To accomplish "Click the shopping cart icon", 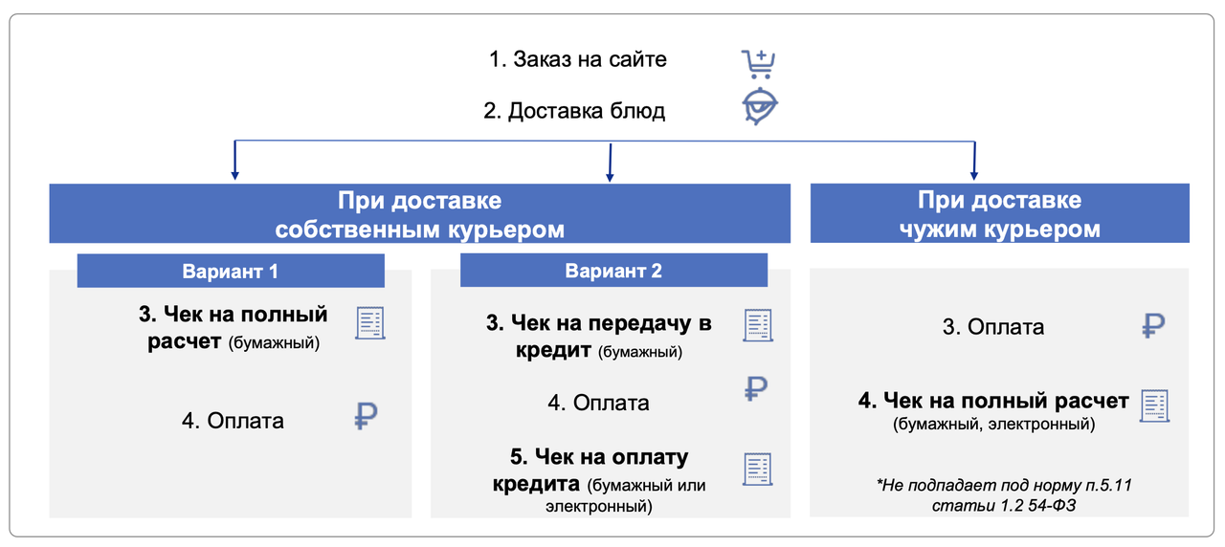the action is [759, 63].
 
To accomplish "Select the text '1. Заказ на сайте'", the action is [577, 59].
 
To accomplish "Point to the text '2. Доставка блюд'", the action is [574, 111].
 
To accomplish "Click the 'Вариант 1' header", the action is [230, 271].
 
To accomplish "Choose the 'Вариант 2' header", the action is [613, 271].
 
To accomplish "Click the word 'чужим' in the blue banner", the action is [945, 230].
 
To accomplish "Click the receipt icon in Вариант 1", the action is [370, 323].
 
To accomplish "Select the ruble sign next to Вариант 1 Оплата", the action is [366, 416].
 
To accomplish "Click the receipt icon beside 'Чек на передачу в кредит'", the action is [758, 325].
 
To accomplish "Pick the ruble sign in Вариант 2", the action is [756, 387].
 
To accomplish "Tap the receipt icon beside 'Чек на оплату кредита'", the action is [757, 470].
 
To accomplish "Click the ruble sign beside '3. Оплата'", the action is [1153, 326].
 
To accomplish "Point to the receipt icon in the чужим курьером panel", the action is [1155, 406].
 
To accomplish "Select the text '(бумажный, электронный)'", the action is [993, 424].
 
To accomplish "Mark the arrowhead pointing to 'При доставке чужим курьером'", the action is [974, 174].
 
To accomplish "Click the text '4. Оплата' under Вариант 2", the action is [598, 403].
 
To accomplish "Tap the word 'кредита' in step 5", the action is [536, 484].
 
